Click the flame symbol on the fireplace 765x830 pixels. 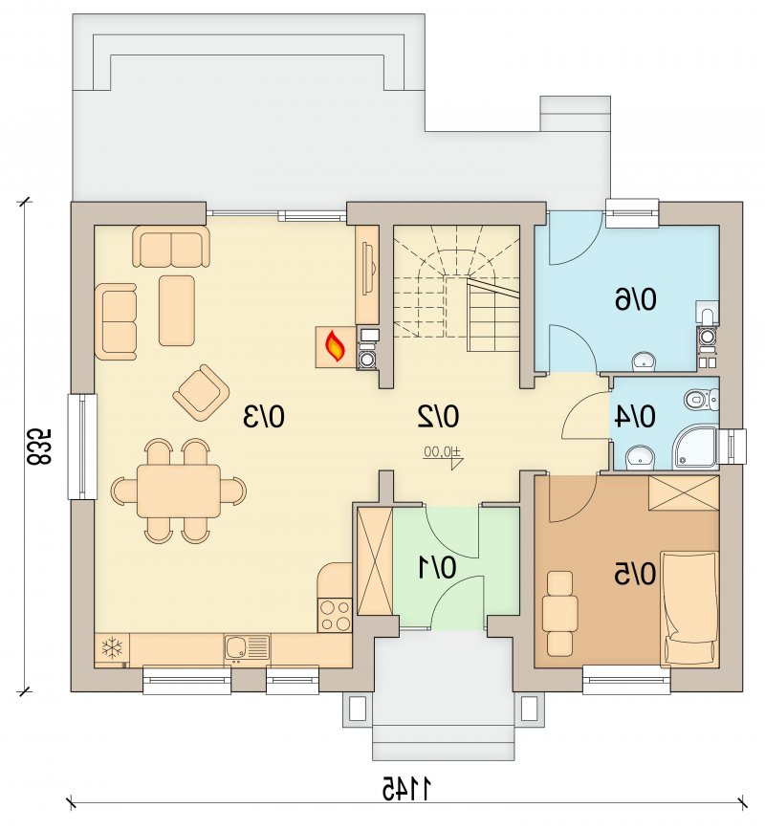coord(336,347)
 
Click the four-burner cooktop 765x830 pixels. coord(335,615)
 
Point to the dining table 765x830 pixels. coord(179,491)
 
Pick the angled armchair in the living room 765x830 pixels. coord(201,392)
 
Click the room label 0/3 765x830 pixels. coord(264,416)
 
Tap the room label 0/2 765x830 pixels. coord(437,416)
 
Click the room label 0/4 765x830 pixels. coord(635,416)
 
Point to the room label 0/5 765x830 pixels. coord(635,574)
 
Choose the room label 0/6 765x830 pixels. coord(635,299)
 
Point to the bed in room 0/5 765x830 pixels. coord(689,608)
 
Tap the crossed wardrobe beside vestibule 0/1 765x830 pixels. coord(375,560)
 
